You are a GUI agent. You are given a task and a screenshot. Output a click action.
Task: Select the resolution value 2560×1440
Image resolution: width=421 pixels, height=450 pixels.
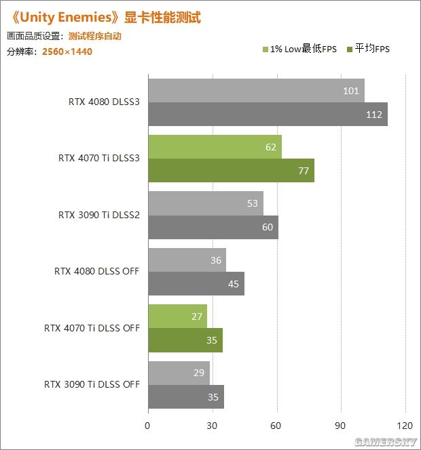(67, 51)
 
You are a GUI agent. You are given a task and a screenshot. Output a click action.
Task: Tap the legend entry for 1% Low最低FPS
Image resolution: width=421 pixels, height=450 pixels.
(299, 49)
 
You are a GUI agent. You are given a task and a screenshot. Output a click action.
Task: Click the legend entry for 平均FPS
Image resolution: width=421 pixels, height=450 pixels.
(368, 49)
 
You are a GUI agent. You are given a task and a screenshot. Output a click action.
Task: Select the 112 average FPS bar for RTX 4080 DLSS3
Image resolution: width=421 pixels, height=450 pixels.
(268, 115)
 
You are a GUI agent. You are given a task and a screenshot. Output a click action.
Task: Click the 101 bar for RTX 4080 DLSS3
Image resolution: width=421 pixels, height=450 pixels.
(256, 91)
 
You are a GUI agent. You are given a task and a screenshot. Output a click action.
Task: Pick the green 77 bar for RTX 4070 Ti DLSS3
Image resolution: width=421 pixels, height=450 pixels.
(231, 171)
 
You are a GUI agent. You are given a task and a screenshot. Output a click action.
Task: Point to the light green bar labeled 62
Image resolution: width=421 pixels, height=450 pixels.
(215, 147)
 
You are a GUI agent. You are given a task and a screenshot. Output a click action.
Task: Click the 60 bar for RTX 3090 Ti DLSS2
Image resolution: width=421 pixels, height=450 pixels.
(213, 227)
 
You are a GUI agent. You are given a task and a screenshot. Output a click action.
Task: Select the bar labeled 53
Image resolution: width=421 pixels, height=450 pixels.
(205, 203)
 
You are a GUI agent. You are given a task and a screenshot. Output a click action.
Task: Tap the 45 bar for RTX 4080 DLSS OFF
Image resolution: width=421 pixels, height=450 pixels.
(196, 283)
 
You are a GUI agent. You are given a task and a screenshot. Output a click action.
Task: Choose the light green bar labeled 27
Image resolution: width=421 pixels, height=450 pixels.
(177, 316)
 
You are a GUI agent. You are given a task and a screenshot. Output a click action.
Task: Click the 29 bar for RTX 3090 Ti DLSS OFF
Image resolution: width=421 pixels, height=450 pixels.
(179, 372)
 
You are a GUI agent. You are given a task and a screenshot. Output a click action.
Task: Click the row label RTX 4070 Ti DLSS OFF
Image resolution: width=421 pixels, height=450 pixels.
(92, 328)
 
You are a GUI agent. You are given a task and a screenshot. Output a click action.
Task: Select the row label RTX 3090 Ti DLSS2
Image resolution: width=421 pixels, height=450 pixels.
(99, 215)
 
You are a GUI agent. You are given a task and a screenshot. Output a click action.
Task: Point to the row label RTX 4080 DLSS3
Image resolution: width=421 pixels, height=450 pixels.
(104, 102)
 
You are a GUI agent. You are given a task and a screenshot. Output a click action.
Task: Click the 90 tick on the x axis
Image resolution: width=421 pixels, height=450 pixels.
(341, 426)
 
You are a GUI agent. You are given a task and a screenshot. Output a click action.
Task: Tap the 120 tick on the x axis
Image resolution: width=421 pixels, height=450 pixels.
(405, 426)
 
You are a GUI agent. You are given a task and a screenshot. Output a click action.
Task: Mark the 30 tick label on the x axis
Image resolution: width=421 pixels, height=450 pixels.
(213, 426)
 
